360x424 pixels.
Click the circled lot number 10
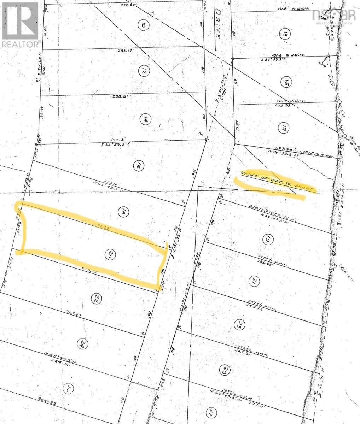(143, 25)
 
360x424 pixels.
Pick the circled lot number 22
(95, 299)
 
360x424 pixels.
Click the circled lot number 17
(283, 128)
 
